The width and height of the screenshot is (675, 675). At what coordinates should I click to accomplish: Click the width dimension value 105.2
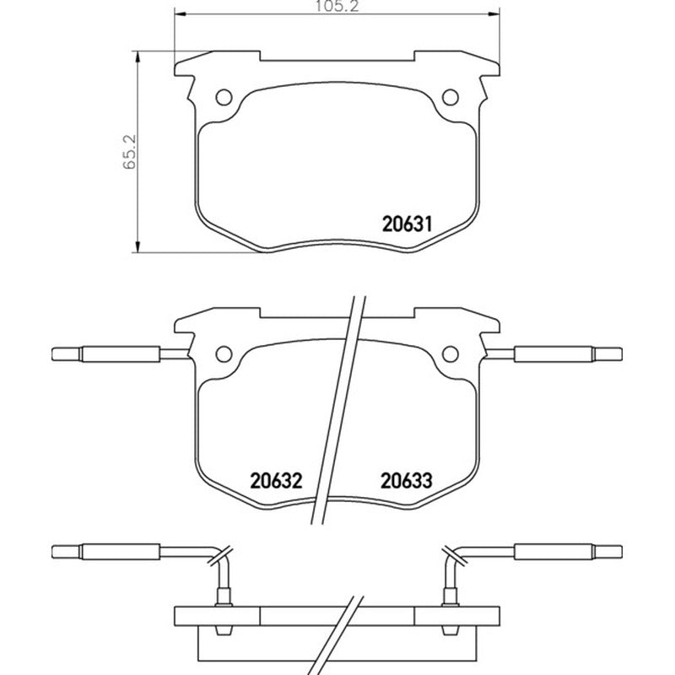337,6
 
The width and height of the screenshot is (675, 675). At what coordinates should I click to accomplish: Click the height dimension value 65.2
130,152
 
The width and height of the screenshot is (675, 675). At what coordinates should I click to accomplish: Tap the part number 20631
407,224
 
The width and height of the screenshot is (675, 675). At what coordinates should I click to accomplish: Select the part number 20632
277,481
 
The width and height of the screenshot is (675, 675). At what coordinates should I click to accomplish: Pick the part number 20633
406,481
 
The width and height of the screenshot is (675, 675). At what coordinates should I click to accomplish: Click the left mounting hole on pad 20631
224,97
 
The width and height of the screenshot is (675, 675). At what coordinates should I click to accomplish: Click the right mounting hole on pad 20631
451,97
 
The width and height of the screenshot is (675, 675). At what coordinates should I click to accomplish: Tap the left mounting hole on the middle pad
224,354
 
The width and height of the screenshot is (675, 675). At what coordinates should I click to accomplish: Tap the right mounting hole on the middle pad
451,354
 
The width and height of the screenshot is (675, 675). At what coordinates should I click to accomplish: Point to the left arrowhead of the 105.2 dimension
179,14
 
